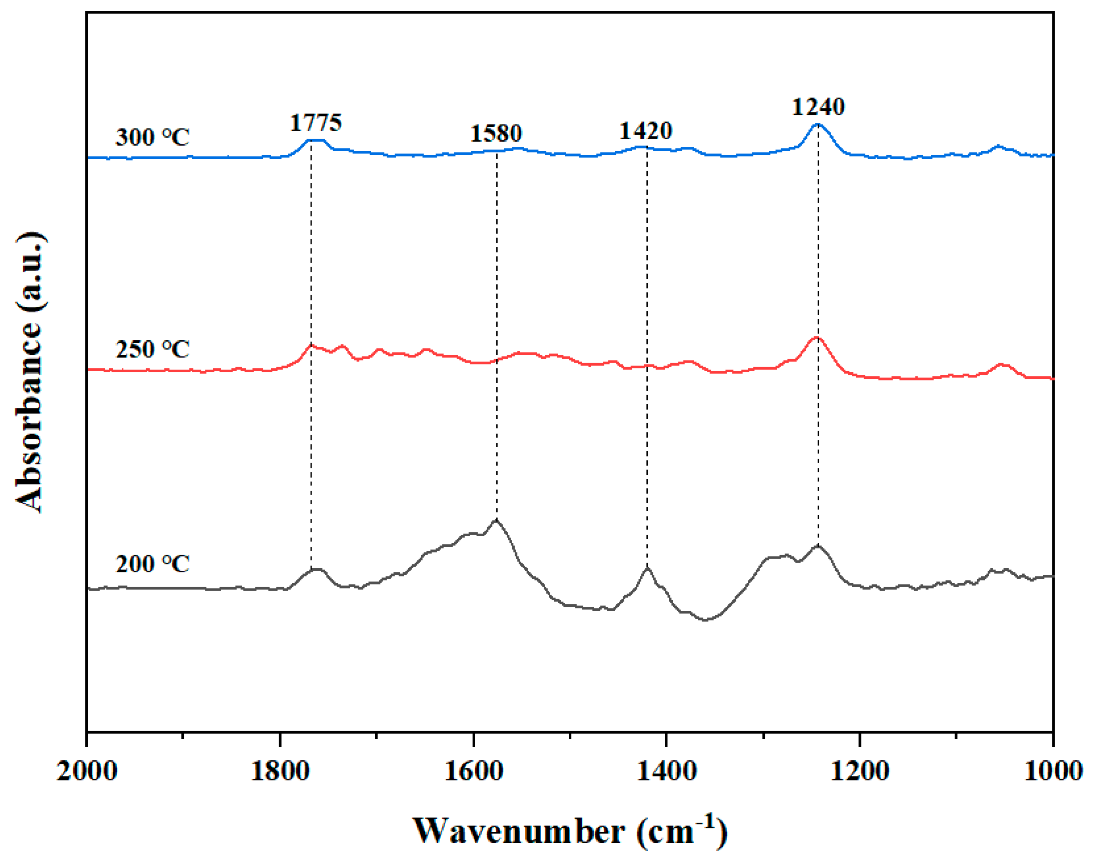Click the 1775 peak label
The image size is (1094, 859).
pos(316,122)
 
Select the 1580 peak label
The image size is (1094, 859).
pos(496,133)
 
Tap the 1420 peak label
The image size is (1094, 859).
pos(645,131)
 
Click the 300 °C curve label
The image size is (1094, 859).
pos(152,137)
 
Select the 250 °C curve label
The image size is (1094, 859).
pos(152,349)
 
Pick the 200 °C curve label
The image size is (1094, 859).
pos(152,563)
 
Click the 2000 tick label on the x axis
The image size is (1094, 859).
pos(86,771)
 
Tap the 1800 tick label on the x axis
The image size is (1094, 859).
pos(280,771)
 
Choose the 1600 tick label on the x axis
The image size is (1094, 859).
pos(473,771)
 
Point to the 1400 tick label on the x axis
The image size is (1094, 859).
pos(666,771)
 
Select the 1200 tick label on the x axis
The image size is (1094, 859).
pos(860,771)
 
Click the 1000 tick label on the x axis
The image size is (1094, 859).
pos(1053,771)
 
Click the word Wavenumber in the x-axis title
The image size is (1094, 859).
pos(518,831)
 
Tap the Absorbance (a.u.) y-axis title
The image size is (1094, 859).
pos(30,372)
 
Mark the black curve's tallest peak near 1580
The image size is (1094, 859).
pos(496,520)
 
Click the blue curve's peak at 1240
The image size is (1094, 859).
pos(817,124)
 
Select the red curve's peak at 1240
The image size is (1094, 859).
pos(817,338)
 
